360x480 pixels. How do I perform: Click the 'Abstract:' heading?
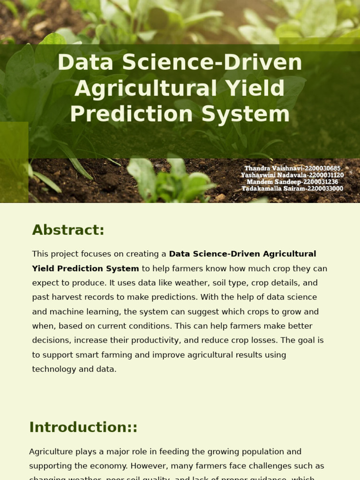68,230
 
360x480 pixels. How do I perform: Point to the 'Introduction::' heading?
83,427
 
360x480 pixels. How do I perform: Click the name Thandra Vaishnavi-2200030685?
292,168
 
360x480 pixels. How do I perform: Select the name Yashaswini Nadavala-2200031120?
292,175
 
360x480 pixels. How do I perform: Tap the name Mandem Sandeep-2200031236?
292,182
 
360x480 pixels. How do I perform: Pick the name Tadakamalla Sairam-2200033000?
292,189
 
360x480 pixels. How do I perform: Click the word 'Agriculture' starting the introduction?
52,452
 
